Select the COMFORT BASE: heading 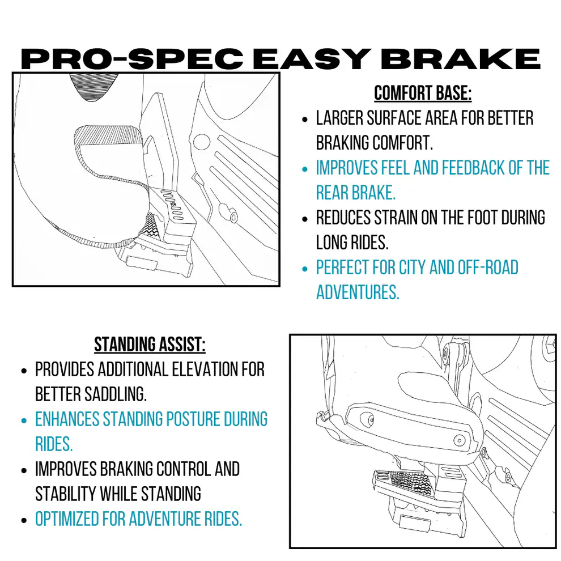423,93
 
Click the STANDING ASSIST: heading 150,344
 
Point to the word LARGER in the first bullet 339,118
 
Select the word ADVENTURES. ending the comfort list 358,292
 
